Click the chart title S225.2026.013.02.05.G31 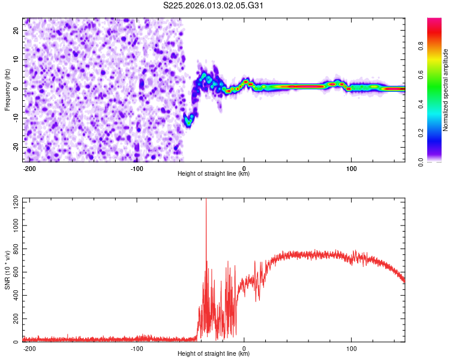(x=214, y=5)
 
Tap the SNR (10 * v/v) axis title (x=7, y=270)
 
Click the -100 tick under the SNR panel (x=137, y=348)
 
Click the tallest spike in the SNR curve (x=206, y=202)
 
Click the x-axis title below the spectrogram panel (x=214, y=174)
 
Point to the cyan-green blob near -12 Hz (x=188, y=122)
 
